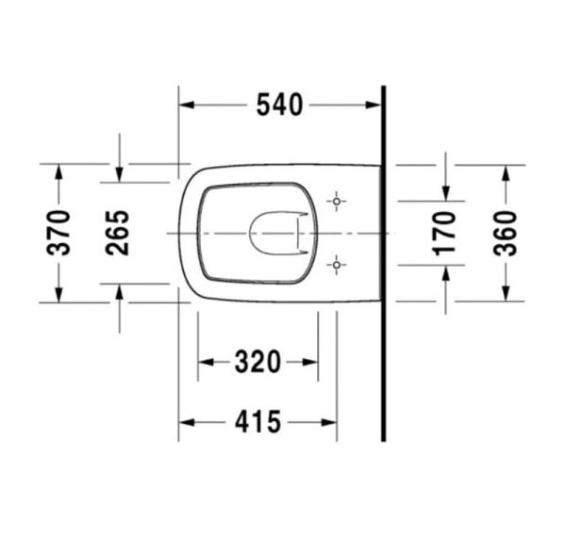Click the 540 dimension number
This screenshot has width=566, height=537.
tap(279, 105)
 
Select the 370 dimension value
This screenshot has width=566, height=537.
tap(58, 233)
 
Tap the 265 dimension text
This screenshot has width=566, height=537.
tap(117, 233)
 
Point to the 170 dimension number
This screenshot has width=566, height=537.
tap(444, 234)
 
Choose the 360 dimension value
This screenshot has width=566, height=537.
tap(506, 234)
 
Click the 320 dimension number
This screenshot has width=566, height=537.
tap(258, 362)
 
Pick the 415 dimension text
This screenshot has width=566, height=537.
tap(258, 422)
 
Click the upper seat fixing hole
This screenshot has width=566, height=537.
tap(337, 201)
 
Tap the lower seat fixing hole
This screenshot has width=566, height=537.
tap(337, 265)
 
